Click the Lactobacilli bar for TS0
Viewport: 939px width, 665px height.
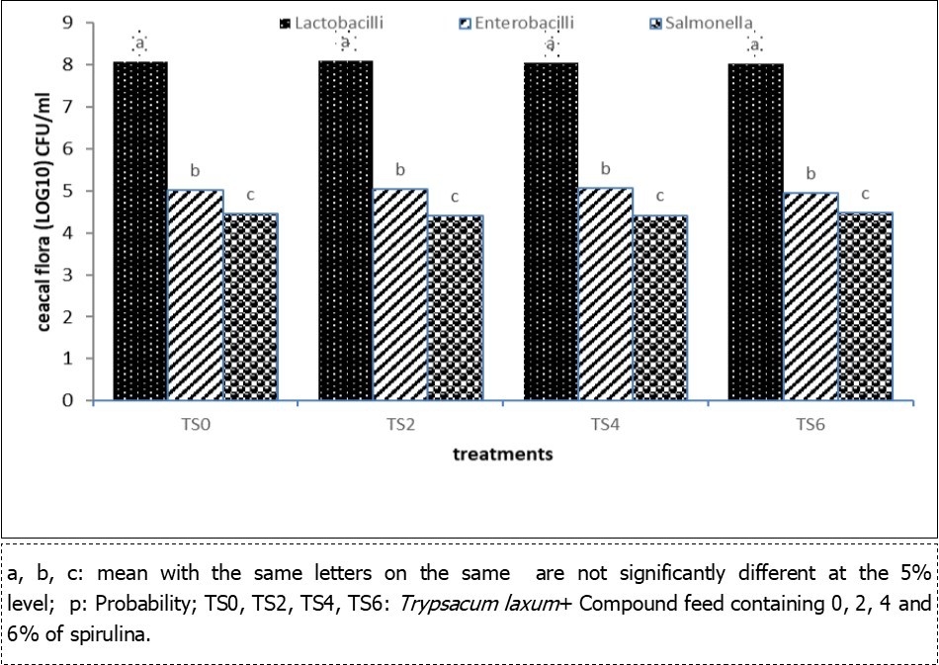click(x=140, y=231)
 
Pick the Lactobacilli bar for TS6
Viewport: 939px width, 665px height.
click(x=756, y=232)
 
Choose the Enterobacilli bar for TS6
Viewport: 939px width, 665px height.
click(x=811, y=296)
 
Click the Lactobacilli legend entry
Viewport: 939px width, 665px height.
click(x=330, y=23)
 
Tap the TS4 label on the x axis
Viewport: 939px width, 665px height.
click(x=604, y=426)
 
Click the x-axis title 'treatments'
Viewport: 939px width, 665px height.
click(x=502, y=455)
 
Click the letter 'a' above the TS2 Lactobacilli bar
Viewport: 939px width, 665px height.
click(x=346, y=43)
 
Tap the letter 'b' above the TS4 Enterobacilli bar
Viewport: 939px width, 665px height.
click(x=605, y=169)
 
